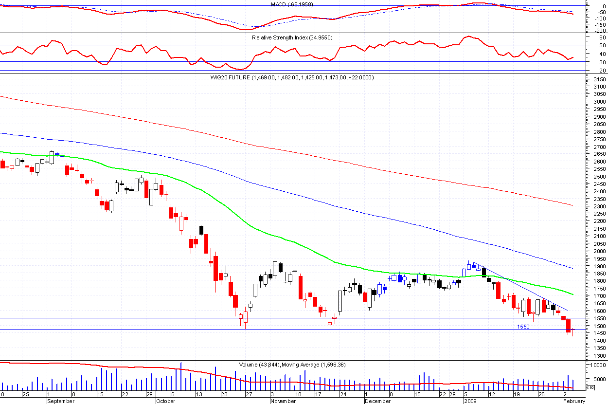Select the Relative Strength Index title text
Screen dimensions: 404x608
292,37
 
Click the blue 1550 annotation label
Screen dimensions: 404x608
523,327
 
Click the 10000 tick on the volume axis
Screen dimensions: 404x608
596,365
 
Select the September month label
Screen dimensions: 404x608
61,401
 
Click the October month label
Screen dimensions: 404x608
165,401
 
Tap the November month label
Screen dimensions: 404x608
283,401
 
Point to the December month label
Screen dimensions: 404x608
377,401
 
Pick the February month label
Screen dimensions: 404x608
574,401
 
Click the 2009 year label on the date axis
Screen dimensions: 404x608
469,401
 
